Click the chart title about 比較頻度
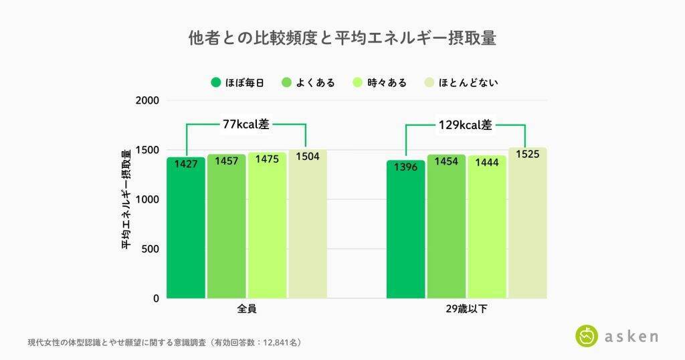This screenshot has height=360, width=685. click(342, 38)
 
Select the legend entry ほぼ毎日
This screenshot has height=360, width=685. click(237, 83)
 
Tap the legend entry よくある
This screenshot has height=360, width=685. click(308, 83)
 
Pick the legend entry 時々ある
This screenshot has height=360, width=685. click(380, 83)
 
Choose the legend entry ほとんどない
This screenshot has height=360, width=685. click(461, 83)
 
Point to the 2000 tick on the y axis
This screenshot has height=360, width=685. click(148, 100)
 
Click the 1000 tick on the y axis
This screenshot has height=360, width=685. click(148, 199)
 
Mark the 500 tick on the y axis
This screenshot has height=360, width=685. click(151, 249)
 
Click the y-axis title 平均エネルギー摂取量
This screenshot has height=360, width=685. click(126, 199)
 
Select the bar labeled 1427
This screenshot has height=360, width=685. click(186, 228)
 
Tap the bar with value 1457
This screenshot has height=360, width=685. click(226, 228)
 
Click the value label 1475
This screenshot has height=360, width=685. click(267, 161)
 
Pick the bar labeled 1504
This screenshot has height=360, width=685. click(308, 228)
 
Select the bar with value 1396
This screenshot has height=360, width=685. click(406, 231)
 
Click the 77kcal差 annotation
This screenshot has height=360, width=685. click(246, 124)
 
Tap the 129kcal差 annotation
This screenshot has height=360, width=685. click(466, 124)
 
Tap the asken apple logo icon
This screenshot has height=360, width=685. click(587, 335)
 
